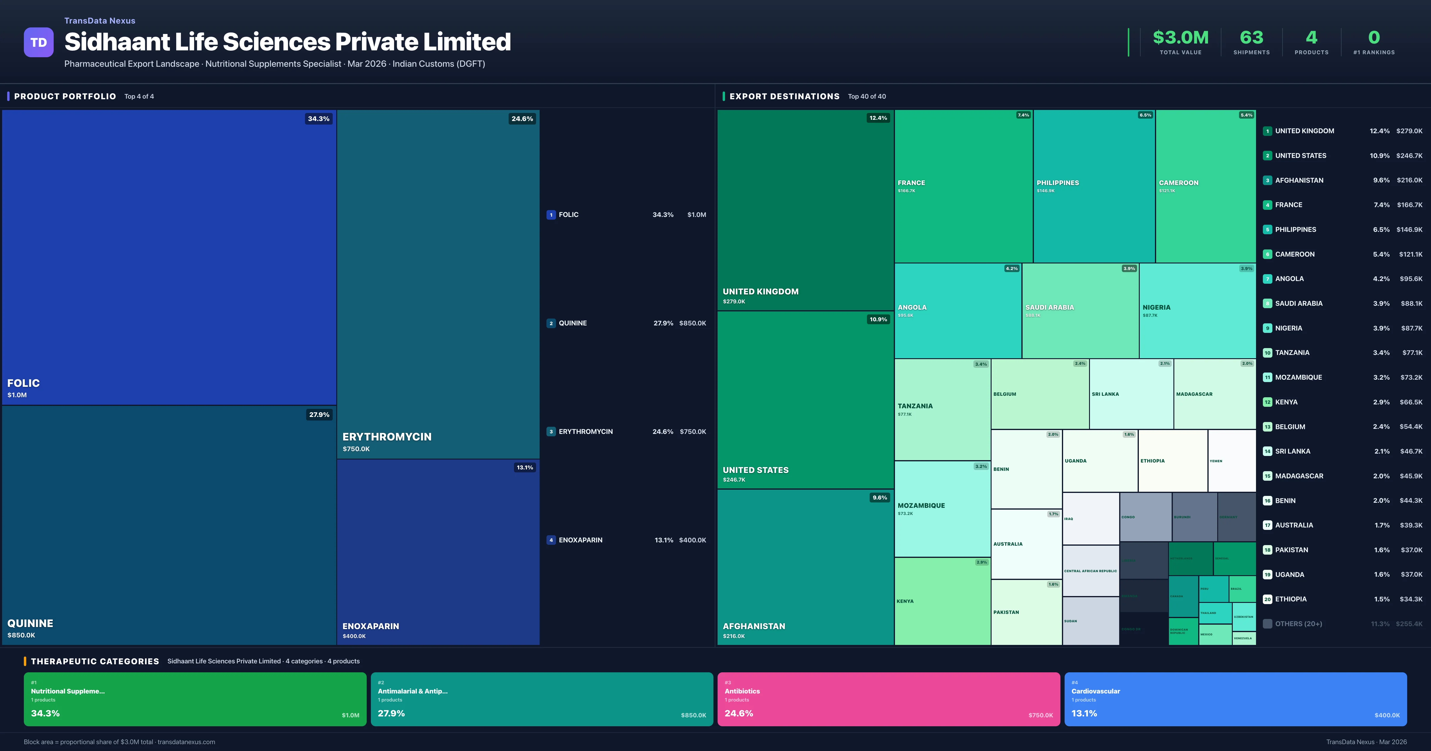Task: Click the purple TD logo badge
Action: [x=38, y=42]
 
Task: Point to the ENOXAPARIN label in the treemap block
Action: [x=371, y=626]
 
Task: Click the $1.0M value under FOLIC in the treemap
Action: [x=17, y=395]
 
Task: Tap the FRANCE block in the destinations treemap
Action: [x=963, y=186]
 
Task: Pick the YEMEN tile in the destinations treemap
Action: [x=1216, y=461]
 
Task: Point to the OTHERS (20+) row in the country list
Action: [x=1298, y=624]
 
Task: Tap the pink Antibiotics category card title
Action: [x=742, y=691]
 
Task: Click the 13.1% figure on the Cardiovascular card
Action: [x=1084, y=713]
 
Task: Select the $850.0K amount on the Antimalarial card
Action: [x=693, y=716]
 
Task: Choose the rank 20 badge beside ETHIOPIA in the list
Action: [x=1267, y=599]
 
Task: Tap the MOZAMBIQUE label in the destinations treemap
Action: [x=921, y=505]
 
